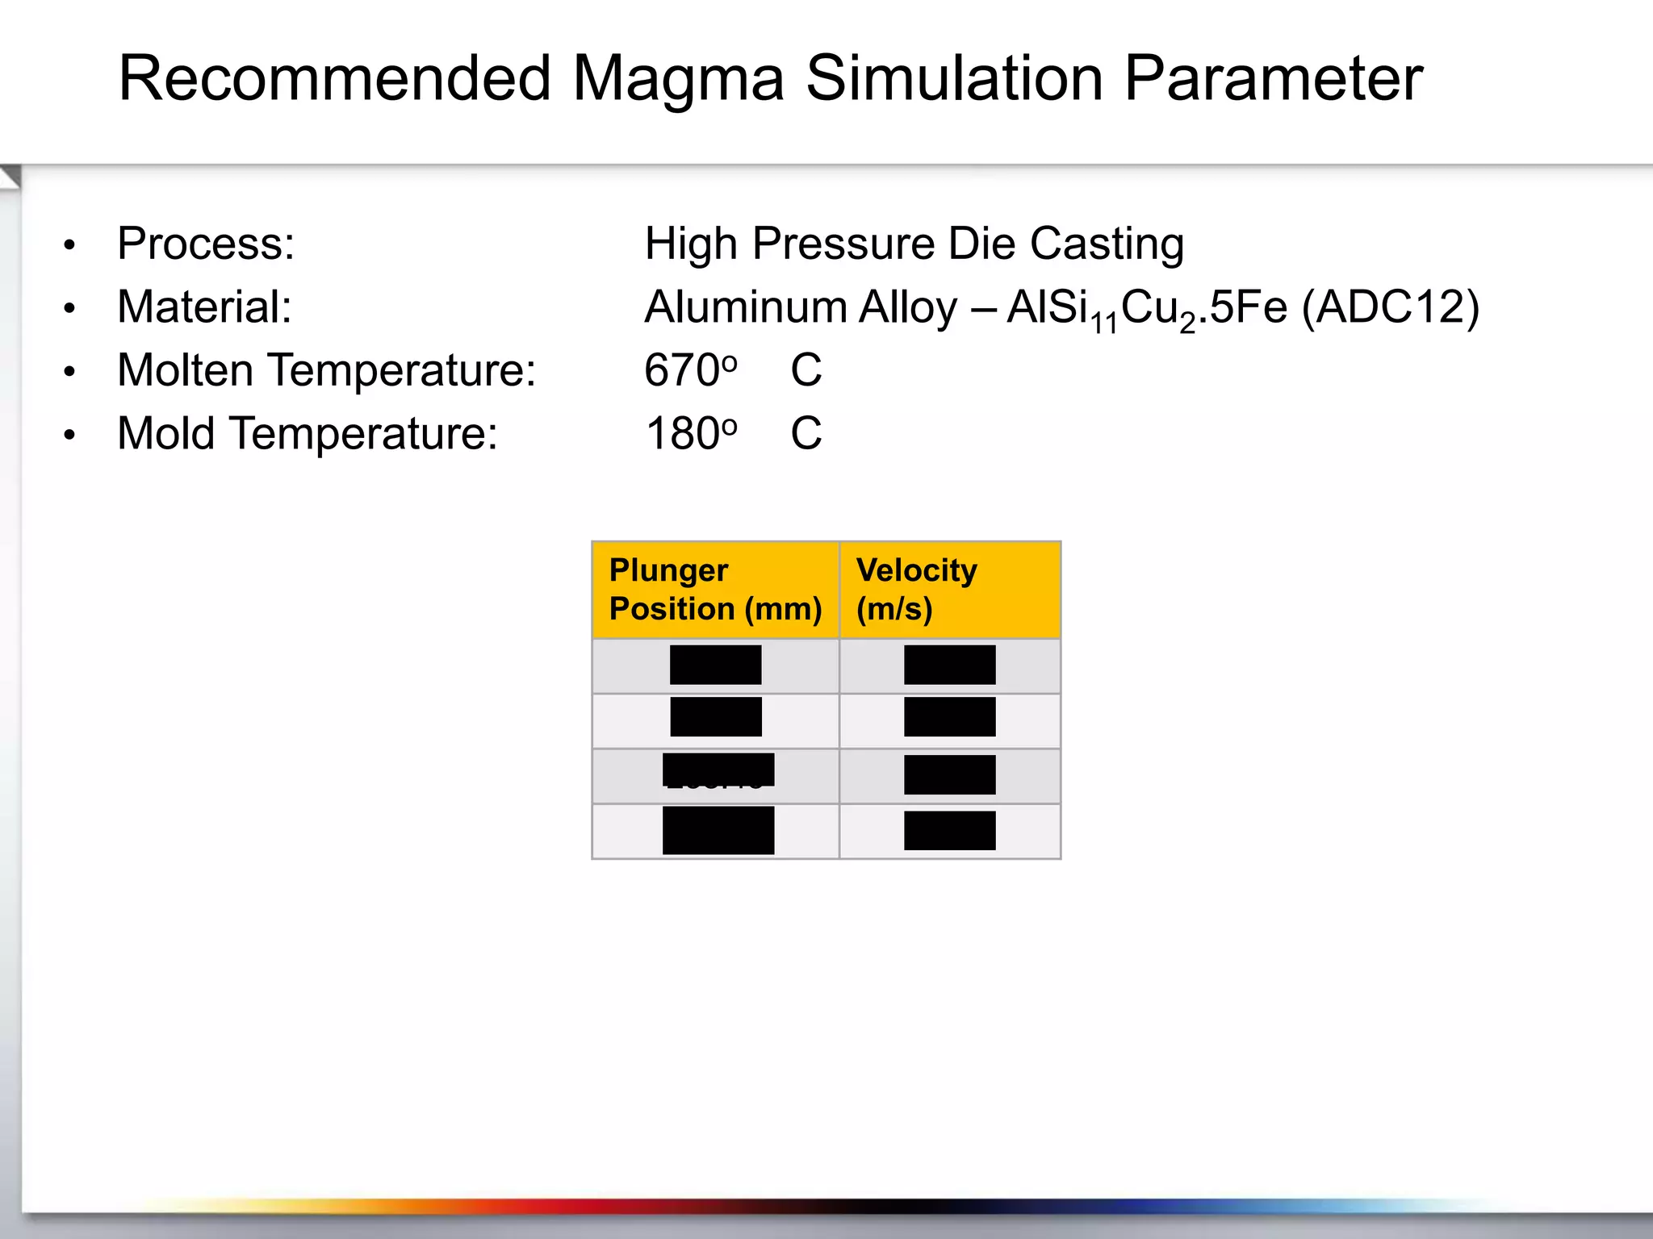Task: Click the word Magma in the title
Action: (678, 79)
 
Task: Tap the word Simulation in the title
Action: (955, 79)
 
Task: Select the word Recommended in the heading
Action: (335, 79)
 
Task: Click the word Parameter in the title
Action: (1273, 79)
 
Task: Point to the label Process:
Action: (206, 244)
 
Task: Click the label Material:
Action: (204, 307)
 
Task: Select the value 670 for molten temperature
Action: (680, 370)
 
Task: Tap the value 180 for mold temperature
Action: (680, 434)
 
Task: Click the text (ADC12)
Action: (1390, 307)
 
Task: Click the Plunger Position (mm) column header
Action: (715, 590)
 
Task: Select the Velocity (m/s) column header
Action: (917, 590)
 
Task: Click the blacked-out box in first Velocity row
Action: (949, 665)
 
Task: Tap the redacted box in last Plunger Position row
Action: (718, 830)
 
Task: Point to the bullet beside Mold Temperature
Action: (70, 436)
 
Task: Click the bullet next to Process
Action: (70, 245)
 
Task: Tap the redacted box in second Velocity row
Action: (949, 717)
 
